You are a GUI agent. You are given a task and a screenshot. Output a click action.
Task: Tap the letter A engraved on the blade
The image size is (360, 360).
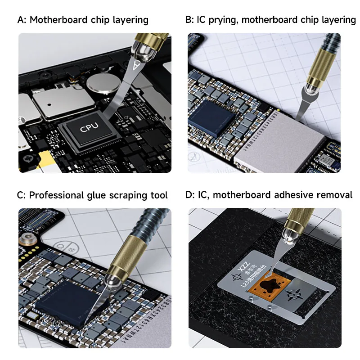point(135,65)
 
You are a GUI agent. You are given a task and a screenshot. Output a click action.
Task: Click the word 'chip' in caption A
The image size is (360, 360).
point(112,20)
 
